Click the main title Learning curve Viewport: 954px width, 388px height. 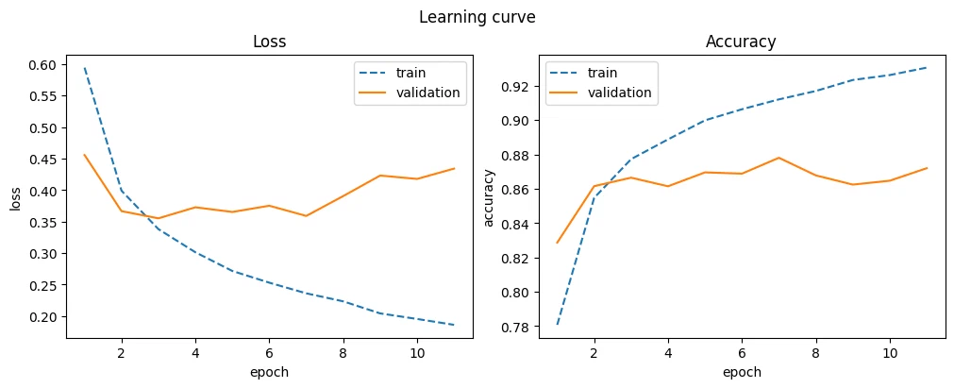tap(477, 18)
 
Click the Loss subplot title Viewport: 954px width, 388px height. tap(270, 42)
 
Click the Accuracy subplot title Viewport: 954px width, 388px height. tap(741, 42)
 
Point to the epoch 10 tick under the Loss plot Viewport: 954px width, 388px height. tap(417, 352)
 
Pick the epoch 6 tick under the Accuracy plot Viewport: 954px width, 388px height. tap(742, 352)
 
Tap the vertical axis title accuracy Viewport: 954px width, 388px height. tap(488, 198)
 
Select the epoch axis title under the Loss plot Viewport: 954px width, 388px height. tap(270, 371)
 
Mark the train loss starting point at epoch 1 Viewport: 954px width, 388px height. tap(85, 68)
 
